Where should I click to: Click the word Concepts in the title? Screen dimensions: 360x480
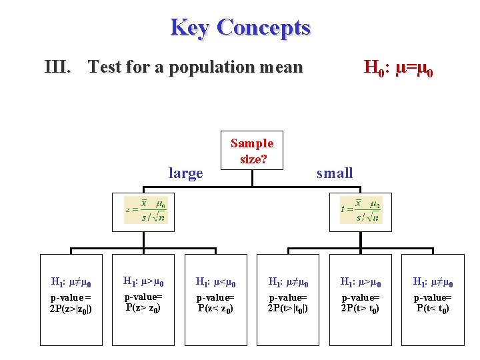263,28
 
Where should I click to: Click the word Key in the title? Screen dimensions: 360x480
191,28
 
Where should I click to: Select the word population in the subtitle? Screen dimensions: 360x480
215,67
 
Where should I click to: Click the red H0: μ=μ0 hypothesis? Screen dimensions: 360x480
398,67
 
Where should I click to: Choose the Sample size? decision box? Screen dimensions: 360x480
252,151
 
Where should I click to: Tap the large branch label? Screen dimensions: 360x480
186,173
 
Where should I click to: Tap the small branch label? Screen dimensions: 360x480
335,173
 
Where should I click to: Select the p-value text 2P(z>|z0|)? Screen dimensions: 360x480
71,309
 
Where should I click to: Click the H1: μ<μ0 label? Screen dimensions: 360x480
216,283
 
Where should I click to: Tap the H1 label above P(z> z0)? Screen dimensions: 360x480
143,283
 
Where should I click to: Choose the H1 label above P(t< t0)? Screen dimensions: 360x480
433,283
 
